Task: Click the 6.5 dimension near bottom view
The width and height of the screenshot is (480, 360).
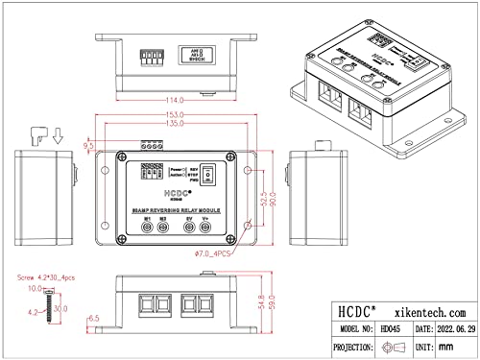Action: click(93, 317)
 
